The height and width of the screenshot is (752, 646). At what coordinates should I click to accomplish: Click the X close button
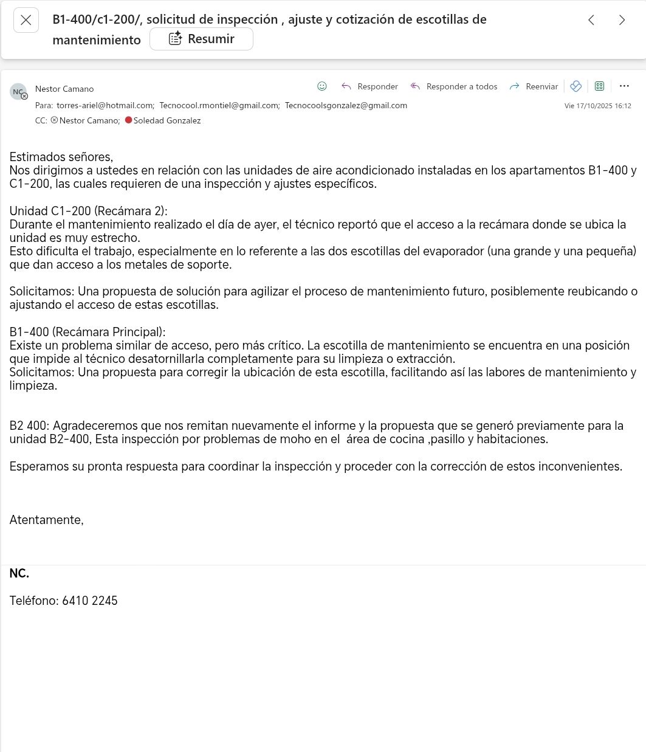click(x=26, y=20)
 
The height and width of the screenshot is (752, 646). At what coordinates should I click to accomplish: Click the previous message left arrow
click(x=591, y=20)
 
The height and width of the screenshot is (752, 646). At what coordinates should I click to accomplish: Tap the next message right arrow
click(x=622, y=20)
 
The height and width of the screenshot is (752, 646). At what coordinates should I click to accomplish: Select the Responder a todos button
click(x=454, y=86)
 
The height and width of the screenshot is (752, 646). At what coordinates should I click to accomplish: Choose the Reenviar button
click(x=534, y=86)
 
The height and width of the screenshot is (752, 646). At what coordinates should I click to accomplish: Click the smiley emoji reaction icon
click(x=322, y=86)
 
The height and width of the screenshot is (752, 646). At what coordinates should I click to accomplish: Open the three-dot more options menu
click(x=624, y=86)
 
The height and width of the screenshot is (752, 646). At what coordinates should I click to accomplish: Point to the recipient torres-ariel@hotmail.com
click(x=105, y=105)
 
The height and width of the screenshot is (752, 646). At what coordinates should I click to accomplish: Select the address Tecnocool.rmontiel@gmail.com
click(x=219, y=105)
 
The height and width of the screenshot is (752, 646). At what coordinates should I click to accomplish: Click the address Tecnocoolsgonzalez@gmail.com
click(x=346, y=105)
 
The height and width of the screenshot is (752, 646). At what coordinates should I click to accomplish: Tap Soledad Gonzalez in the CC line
click(x=167, y=120)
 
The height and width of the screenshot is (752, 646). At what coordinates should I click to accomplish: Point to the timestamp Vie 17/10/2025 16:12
click(x=597, y=106)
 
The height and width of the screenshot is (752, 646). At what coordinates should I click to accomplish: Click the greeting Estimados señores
click(x=61, y=157)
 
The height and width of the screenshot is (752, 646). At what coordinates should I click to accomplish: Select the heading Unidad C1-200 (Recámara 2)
click(x=88, y=211)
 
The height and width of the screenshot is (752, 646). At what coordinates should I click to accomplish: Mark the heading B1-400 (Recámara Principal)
click(x=88, y=332)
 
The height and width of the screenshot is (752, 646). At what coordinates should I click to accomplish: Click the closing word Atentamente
click(x=46, y=520)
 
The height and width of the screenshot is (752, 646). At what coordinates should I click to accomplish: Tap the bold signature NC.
click(x=19, y=573)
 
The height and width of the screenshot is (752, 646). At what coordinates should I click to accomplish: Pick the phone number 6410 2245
click(x=90, y=601)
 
